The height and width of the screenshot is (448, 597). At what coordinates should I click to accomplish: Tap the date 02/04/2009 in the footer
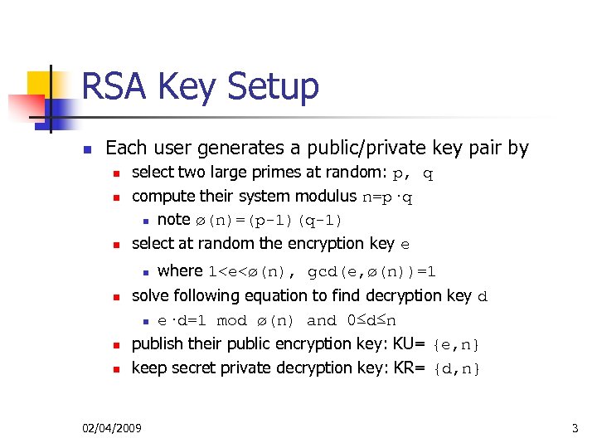pyautogui.click(x=112, y=428)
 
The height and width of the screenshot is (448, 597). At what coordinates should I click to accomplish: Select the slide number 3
pyautogui.click(x=575, y=428)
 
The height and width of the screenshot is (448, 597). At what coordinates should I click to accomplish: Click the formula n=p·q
pyautogui.click(x=388, y=197)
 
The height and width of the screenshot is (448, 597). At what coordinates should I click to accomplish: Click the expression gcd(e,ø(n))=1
pyautogui.click(x=372, y=271)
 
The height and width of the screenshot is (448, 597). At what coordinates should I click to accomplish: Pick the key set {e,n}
pyautogui.click(x=456, y=344)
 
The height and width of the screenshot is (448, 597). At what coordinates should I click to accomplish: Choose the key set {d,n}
pyautogui.click(x=456, y=368)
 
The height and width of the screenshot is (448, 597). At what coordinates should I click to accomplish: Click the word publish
pyautogui.click(x=156, y=343)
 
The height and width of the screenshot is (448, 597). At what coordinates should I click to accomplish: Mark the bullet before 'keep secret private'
pyautogui.click(x=117, y=368)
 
